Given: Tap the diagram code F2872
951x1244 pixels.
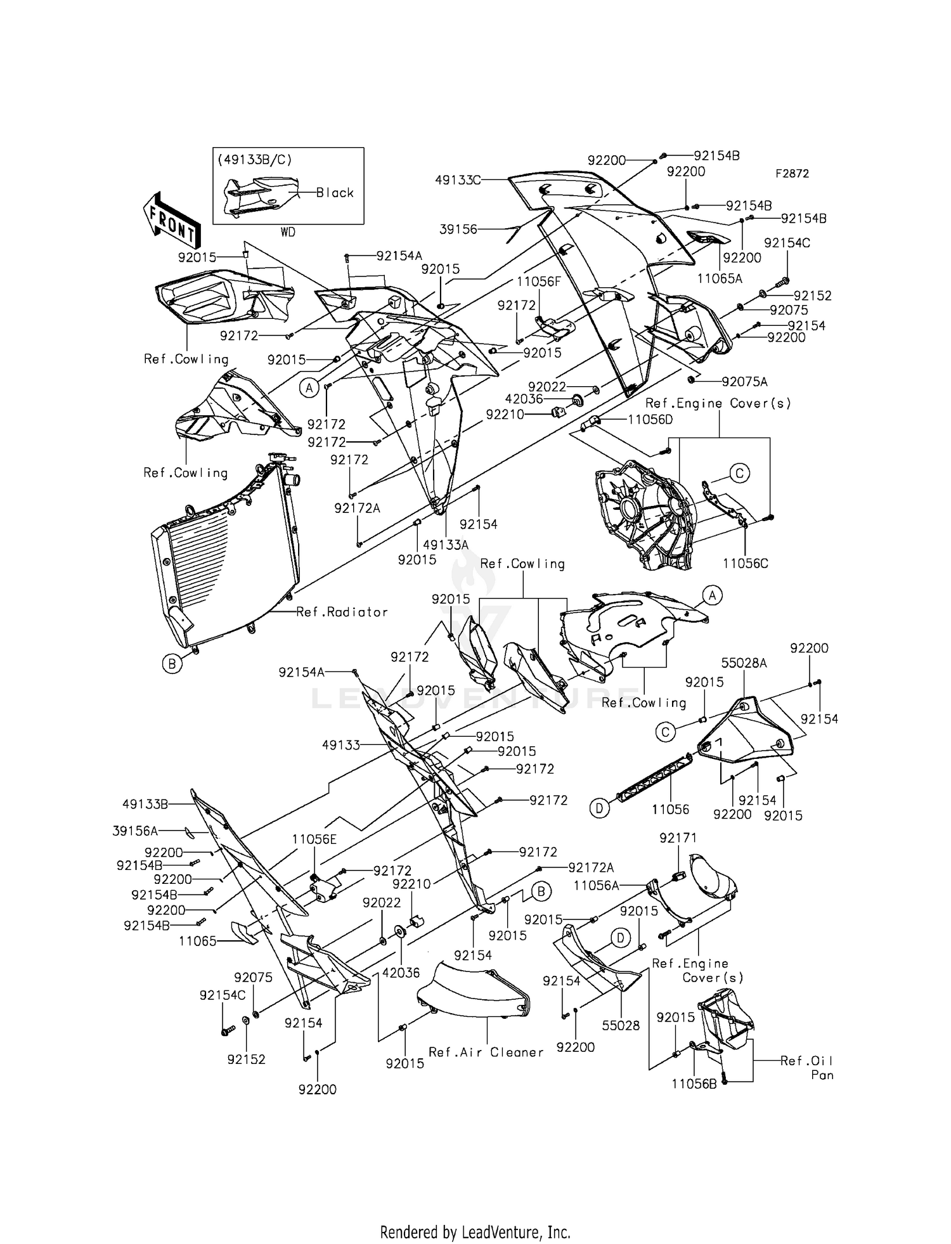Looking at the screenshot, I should coord(791,174).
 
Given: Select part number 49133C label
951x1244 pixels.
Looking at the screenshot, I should coord(457,180).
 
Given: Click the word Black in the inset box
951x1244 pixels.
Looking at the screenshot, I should coord(335,193).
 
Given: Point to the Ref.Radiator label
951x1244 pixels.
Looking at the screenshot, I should coord(342,612).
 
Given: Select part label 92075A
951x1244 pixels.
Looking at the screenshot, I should coord(744,382).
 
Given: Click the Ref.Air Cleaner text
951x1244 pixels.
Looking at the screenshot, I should coord(486,1053).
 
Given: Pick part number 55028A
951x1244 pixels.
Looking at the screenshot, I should coord(744,663).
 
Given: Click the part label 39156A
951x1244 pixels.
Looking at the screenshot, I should coord(134,831).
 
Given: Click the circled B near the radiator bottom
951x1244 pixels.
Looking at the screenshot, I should coord(171,664).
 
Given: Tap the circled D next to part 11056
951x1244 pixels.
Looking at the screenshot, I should coord(600,808).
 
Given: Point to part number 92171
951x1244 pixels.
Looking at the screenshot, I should coord(678,838).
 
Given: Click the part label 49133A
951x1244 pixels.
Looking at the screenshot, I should coord(445,545).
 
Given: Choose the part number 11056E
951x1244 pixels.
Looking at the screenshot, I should coord(314,839).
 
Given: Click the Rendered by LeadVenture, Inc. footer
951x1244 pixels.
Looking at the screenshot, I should coord(475,1233).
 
